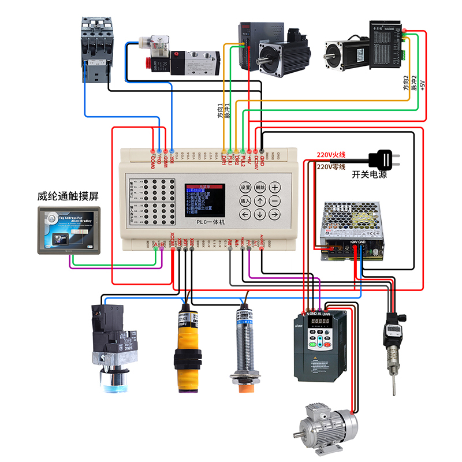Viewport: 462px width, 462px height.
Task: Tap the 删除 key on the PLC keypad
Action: click(260, 187)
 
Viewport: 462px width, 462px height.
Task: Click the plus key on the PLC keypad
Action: click(275, 187)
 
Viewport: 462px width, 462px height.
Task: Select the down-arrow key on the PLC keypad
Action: click(260, 215)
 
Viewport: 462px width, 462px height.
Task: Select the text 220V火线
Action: click(330, 155)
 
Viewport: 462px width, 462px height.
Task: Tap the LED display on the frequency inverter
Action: click(320, 321)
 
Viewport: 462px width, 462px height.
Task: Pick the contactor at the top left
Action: click(95, 49)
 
